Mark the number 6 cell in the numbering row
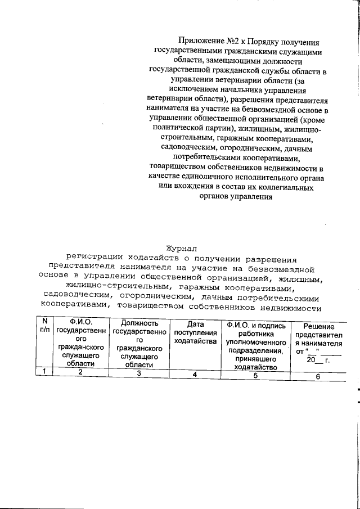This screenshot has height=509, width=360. tap(317, 377)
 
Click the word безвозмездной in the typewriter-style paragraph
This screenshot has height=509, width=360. tap(280, 269)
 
